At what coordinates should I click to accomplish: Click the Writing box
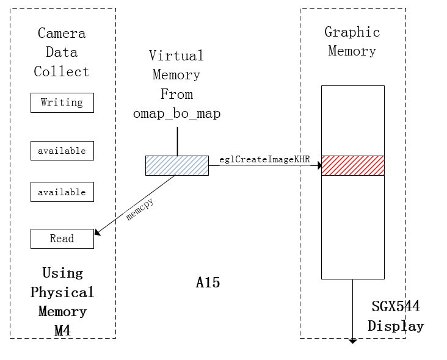click(x=62, y=103)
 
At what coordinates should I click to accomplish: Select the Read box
click(x=62, y=239)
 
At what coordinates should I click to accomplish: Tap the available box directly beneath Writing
click(x=62, y=150)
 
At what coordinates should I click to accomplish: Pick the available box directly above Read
click(x=62, y=192)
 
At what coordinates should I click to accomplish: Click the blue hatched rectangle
click(x=177, y=165)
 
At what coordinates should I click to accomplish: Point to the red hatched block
click(x=353, y=165)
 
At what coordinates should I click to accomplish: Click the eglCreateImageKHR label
click(x=265, y=160)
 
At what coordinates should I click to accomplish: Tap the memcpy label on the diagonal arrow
click(x=139, y=209)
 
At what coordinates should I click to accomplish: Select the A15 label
click(x=208, y=283)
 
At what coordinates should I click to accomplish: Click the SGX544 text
click(x=396, y=306)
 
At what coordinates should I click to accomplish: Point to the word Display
click(x=396, y=326)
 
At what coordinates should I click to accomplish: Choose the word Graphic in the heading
click(x=352, y=32)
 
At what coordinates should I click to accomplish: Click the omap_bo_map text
click(x=177, y=113)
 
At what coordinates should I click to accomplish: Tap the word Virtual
click(x=176, y=56)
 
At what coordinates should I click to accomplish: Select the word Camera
click(x=62, y=33)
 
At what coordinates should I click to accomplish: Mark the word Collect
click(x=62, y=71)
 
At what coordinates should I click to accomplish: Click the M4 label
click(x=62, y=331)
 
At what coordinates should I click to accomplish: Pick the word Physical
click(x=62, y=292)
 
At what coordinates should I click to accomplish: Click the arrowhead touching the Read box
click(x=97, y=232)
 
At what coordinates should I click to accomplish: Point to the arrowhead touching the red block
click(x=319, y=165)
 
